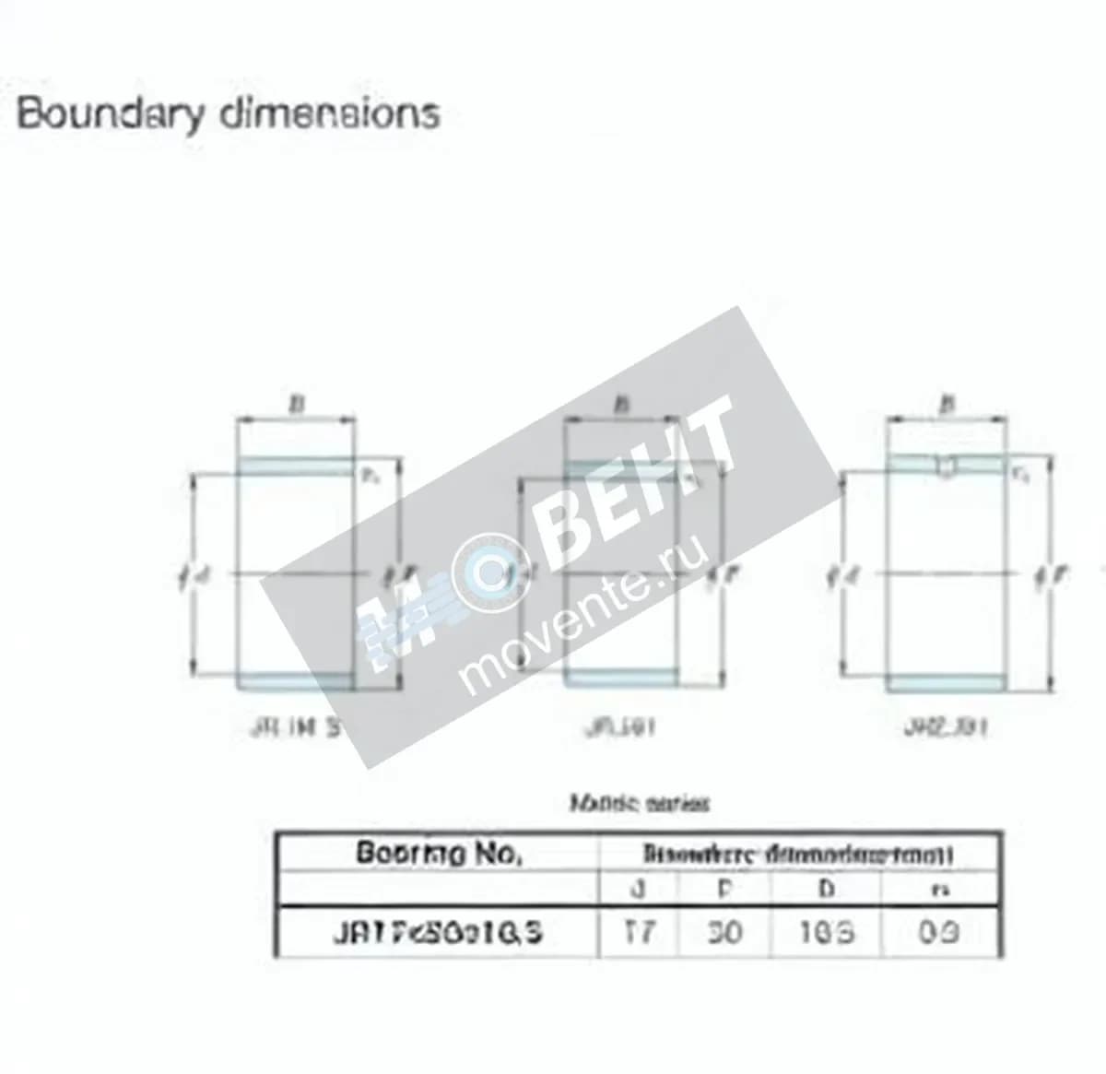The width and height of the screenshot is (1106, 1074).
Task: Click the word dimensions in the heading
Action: tap(329, 114)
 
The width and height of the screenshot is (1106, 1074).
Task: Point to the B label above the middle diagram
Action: tap(623, 404)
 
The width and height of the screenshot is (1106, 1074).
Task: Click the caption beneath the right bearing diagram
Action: tap(947, 727)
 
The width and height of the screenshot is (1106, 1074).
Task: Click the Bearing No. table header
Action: tap(439, 853)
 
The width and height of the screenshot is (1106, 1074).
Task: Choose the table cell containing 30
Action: tap(724, 932)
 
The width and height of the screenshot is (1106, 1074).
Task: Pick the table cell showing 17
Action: tap(639, 932)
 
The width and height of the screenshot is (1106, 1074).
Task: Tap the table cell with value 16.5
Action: tap(826, 932)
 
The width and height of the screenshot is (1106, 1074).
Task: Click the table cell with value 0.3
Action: tap(938, 932)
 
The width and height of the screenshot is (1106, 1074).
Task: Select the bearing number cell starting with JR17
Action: tap(438, 933)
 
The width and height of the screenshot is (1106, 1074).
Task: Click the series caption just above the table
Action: tap(640, 804)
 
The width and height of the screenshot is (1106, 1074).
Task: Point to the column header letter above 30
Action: tap(724, 889)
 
